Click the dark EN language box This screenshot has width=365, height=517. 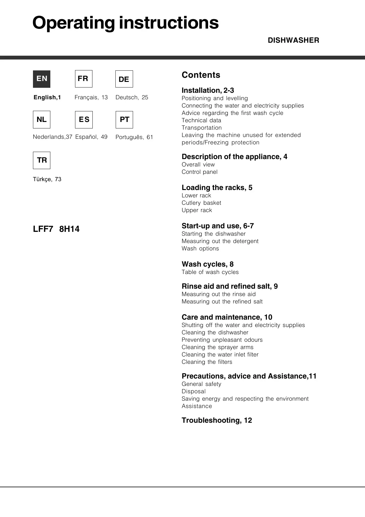tap(42, 79)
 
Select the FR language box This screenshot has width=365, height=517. tap(84, 79)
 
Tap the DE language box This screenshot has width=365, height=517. tap(124, 79)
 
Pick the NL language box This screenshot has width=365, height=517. tap(42, 120)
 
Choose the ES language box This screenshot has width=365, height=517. tap(84, 120)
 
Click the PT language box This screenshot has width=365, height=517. tap(124, 120)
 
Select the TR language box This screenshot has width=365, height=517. tap(42, 160)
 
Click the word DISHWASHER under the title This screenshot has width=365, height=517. tap(293, 40)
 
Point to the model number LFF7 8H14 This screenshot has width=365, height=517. tap(56, 229)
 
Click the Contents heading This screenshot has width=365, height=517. tap(201, 75)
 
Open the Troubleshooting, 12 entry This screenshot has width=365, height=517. tap(217, 420)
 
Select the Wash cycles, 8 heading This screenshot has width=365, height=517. tap(208, 264)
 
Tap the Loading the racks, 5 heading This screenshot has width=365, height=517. tap(217, 188)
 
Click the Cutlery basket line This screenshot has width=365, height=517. tap(201, 203)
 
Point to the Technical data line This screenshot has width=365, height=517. tap(201, 120)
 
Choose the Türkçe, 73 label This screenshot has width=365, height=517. tap(47, 179)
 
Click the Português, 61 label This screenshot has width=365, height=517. tap(134, 137)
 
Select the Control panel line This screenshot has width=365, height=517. tap(200, 172)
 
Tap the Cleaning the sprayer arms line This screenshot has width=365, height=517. tap(218, 347)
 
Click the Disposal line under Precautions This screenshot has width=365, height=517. tap(194, 391)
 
